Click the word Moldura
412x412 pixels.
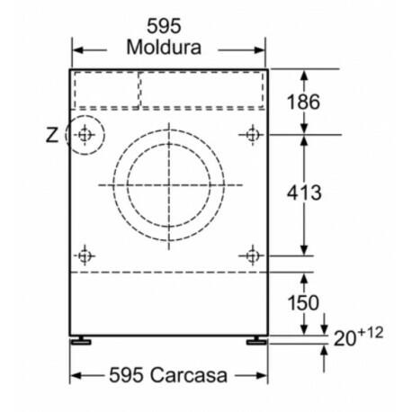(x=164, y=48)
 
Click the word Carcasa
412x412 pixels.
(x=189, y=375)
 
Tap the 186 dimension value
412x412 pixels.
(x=303, y=102)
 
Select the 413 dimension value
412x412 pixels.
(x=304, y=193)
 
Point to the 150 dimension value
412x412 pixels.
(x=303, y=302)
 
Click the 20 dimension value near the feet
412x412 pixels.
(x=345, y=338)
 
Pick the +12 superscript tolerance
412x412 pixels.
(x=370, y=333)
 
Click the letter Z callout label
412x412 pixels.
(x=52, y=135)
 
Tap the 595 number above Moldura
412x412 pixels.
(x=164, y=26)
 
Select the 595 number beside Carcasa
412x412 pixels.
(x=126, y=375)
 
